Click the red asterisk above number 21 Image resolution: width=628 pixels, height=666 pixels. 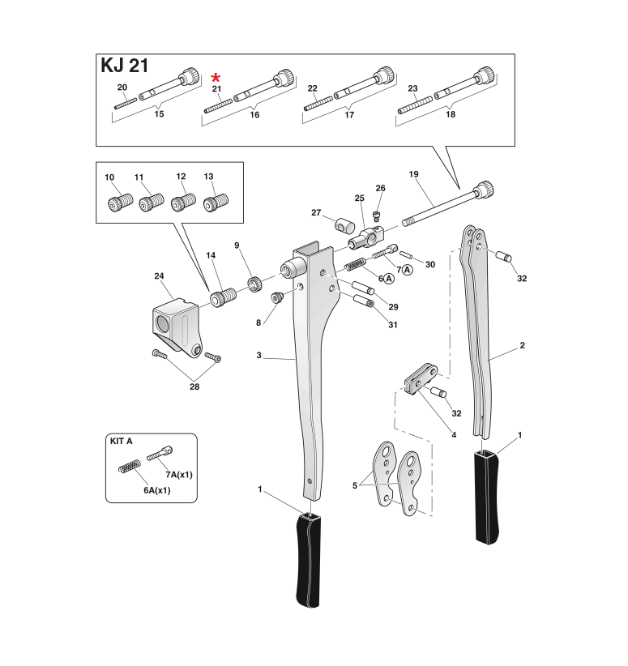216,77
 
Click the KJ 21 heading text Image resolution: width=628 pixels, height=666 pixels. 124,66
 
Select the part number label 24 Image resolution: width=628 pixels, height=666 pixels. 159,276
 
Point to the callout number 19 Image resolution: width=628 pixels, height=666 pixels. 413,174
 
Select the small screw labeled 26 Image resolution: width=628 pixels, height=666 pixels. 377,214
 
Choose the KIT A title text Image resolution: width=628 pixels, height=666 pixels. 121,441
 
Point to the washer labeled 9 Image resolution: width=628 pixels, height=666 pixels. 253,283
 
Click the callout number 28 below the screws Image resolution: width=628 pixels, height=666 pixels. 194,386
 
